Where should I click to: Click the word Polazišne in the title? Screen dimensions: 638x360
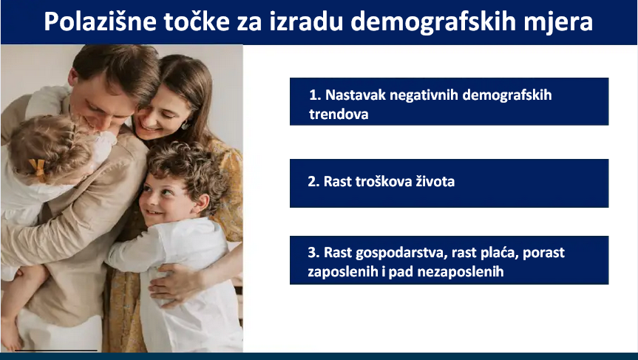coord(100,22)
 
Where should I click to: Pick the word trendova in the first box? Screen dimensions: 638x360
coord(339,114)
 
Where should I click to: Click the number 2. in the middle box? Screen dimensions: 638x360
coord(313,181)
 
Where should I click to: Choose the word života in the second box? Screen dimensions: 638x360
coord(435,181)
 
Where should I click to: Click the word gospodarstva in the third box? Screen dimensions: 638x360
coord(401,253)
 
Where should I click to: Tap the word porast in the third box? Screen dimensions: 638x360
coord(543,253)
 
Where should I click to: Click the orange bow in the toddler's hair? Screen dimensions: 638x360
coord(38,168)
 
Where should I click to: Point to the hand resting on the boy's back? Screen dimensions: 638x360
coord(175,284)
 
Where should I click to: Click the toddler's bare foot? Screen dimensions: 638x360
coord(10,333)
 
